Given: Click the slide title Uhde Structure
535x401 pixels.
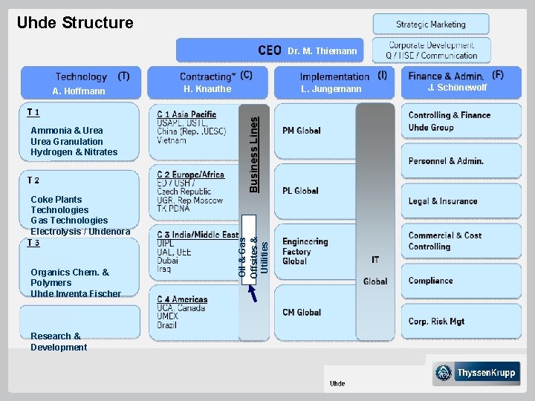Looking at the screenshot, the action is click(75, 23).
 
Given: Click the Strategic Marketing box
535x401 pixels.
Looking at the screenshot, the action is click(431, 25).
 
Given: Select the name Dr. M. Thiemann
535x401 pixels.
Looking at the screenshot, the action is click(322, 51).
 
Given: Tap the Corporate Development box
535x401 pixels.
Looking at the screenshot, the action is click(432, 50).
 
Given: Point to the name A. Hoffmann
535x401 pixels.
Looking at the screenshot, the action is click(79, 91).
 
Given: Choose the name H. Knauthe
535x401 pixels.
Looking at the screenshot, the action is click(207, 89).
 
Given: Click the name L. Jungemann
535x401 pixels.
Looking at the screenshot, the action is click(331, 90).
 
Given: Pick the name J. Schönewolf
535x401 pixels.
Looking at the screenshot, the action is click(457, 88).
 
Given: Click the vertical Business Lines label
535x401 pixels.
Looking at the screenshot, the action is click(254, 151).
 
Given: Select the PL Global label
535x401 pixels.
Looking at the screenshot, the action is click(300, 191).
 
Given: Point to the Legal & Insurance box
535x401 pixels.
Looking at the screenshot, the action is click(443, 201).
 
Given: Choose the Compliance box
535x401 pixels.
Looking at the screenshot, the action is click(431, 281).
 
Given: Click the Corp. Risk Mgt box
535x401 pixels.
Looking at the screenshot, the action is click(437, 322).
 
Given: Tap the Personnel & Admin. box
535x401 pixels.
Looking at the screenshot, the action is click(446, 161).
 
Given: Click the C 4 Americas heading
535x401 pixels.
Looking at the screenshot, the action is click(182, 300).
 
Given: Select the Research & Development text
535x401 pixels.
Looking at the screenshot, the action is click(59, 342).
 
